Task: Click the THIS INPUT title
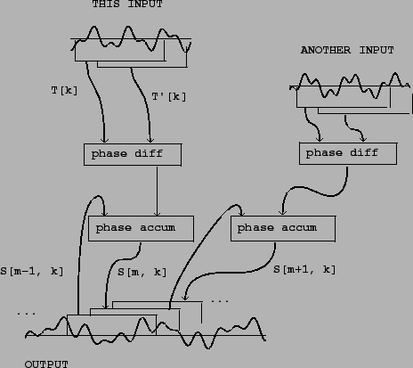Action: point(127,4)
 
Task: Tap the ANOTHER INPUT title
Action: point(347,50)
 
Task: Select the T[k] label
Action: point(64,90)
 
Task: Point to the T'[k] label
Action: point(169,96)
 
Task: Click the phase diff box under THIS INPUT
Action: point(133,154)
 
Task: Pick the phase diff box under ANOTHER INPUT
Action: point(348,153)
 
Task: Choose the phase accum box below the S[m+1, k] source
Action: point(283,229)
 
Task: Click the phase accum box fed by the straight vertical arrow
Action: point(141,229)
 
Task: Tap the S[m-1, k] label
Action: point(32,271)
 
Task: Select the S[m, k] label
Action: point(142,272)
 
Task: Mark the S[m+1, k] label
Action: point(304,269)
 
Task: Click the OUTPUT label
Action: point(46,364)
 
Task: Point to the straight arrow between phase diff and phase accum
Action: point(157,191)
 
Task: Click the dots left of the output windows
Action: point(27,314)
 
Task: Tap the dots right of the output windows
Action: point(220,301)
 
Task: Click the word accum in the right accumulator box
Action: point(299,228)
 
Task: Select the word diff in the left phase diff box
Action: point(149,153)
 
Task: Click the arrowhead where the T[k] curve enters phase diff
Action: point(104,140)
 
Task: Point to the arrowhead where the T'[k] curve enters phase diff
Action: point(150,140)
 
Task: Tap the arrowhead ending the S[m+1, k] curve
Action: point(185,297)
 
